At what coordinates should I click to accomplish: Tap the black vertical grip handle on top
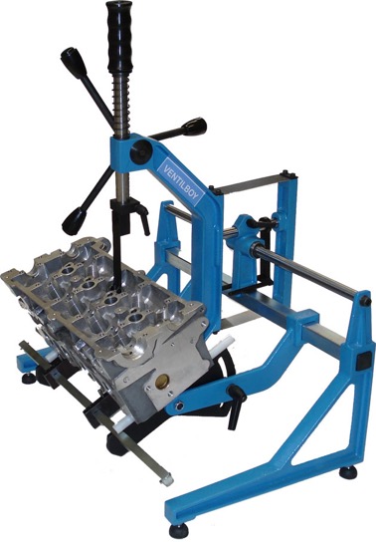point(120,36)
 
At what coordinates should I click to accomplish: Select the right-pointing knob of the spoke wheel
point(194,127)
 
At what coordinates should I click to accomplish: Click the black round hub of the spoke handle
point(141,150)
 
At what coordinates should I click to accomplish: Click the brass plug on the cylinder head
point(161,381)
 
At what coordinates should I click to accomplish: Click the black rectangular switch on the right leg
point(362,361)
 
